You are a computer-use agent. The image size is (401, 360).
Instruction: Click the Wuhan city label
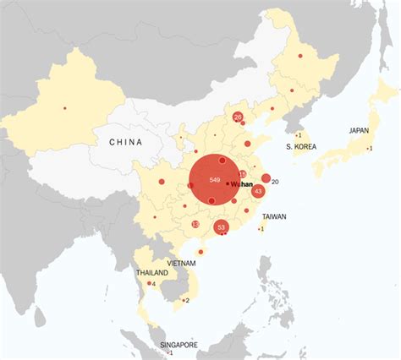243,183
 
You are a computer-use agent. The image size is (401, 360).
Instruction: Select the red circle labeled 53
222,226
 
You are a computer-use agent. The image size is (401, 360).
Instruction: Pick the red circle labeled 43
259,192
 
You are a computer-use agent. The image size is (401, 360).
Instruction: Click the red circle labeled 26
238,117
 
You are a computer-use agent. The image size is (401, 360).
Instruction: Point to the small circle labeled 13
195,224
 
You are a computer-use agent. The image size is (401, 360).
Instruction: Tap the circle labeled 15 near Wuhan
243,173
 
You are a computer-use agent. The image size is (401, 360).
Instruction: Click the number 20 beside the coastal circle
276,182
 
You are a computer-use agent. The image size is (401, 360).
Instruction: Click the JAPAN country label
359,131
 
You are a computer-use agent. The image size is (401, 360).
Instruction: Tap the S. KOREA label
300,147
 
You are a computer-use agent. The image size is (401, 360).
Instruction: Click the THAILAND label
151,273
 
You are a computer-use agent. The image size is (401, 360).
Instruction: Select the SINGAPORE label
179,345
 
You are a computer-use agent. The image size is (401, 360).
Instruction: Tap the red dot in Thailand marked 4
149,283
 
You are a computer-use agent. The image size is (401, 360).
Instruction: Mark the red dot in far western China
64,107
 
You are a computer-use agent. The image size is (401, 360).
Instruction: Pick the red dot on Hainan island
200,251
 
